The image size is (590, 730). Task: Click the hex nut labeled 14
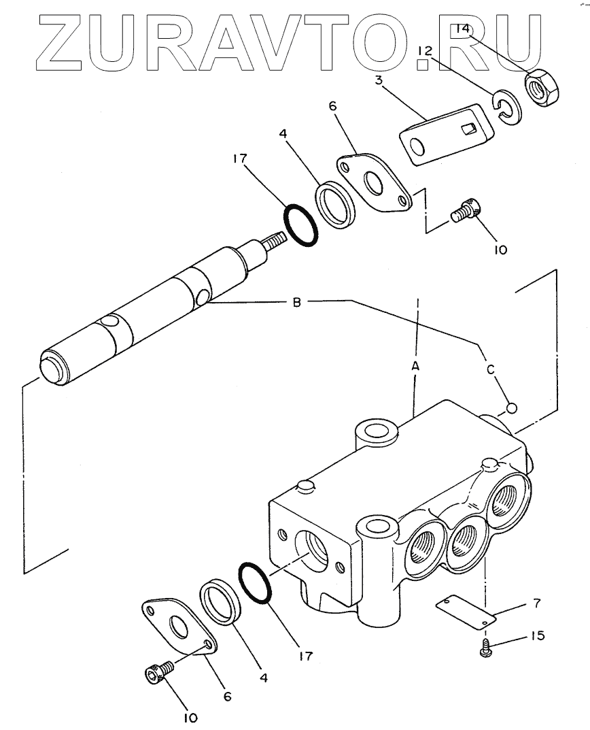coord(542,88)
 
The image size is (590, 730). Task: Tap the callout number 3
coord(379,80)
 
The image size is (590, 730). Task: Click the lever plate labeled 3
coord(446,133)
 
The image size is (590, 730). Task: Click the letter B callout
coord(296,302)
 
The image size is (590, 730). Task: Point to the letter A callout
coord(415,366)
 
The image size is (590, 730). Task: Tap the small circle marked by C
coord(511,408)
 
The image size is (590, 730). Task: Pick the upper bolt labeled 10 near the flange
coord(466,212)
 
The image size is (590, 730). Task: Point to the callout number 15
coord(537,635)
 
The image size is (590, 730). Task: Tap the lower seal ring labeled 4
coord(220,602)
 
